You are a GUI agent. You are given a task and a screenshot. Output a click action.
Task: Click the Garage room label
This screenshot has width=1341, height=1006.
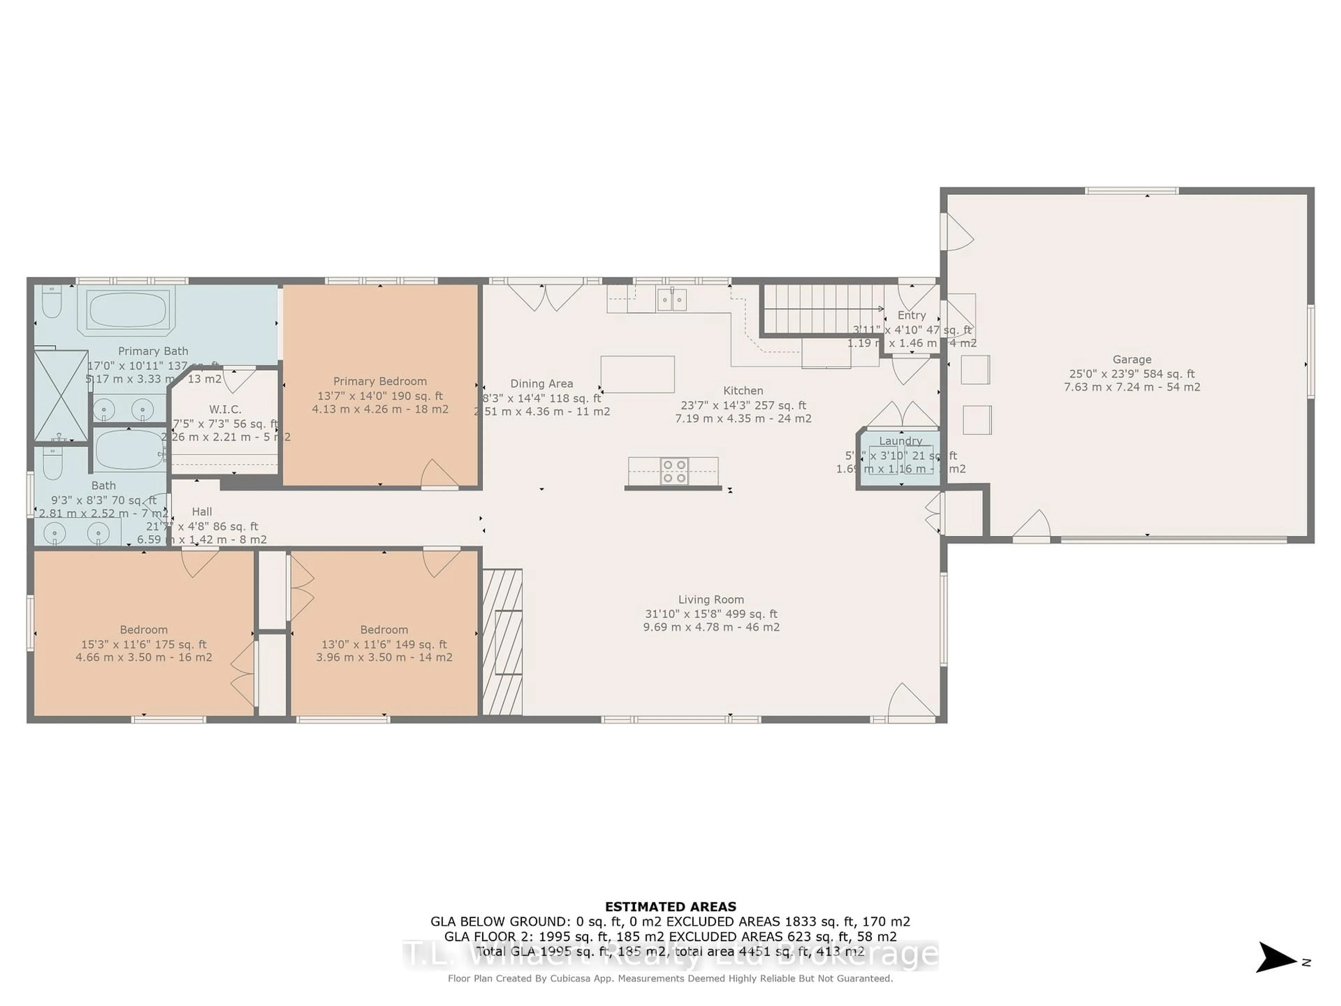1131,359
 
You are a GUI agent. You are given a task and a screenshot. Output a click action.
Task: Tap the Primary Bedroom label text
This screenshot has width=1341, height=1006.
380,381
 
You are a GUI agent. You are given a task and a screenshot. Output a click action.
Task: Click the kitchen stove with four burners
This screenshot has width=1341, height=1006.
674,471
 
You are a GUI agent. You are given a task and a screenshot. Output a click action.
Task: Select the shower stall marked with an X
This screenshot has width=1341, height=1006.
61,396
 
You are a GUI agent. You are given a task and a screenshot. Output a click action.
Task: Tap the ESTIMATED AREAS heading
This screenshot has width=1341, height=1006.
670,906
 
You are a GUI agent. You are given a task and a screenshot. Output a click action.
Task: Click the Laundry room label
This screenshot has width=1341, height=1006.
900,441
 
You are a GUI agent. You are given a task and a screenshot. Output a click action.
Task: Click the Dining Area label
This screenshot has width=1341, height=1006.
541,384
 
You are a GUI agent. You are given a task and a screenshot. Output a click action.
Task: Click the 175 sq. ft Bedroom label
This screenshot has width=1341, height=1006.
144,630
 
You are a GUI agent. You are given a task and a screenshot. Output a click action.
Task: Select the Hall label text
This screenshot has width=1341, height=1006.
202,512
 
